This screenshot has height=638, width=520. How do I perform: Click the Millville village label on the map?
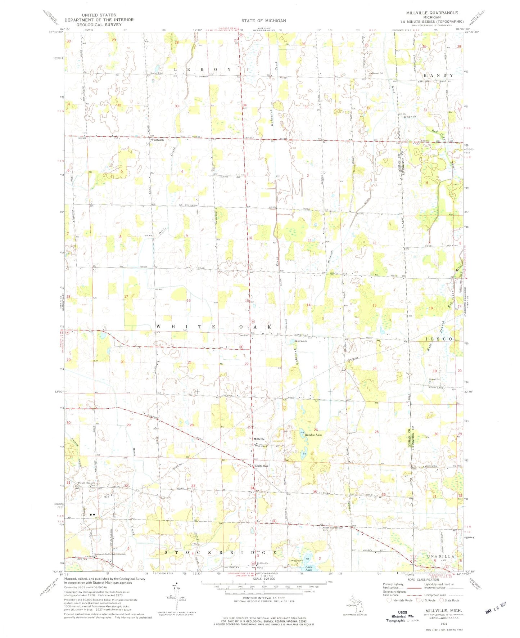tap(259, 439)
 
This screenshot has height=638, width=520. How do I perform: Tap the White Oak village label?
tap(261, 466)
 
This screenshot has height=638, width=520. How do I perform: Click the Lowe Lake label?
tap(309, 569)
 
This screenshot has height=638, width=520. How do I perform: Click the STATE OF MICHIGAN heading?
tap(263, 21)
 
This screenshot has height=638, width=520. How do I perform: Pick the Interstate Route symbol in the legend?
tap(389, 600)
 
